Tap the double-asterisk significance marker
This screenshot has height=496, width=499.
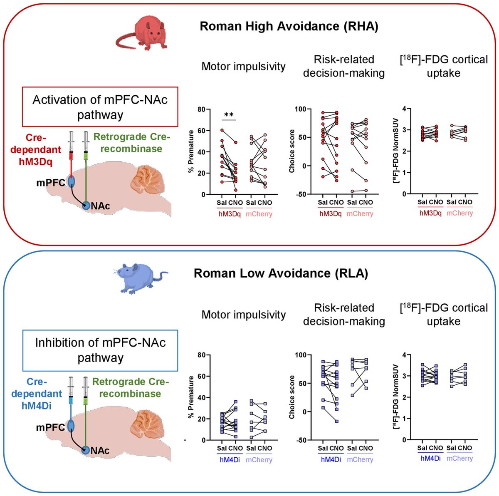click(x=228, y=115)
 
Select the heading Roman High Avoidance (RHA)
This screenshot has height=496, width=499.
click(x=289, y=27)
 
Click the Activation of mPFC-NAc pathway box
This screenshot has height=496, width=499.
click(x=100, y=107)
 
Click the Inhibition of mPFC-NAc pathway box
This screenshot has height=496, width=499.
click(x=100, y=350)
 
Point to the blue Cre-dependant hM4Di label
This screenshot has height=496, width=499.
click(x=39, y=393)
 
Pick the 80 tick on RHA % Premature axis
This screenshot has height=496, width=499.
click(x=201, y=109)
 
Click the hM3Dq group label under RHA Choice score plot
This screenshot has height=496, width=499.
click(x=331, y=214)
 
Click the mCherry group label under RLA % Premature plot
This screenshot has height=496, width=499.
click(x=259, y=460)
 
